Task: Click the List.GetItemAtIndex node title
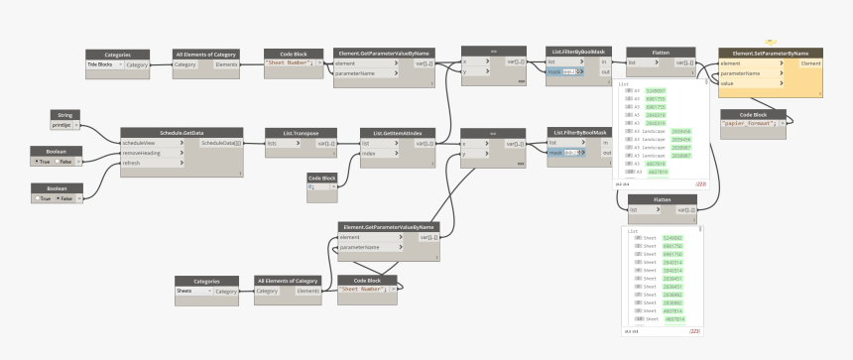pyautogui.click(x=397, y=131)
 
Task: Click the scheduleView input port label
pyautogui.click(x=145, y=142)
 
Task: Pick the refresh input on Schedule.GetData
pyautogui.click(x=138, y=162)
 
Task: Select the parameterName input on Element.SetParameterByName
pyautogui.click(x=742, y=72)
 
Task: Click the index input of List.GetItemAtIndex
pyautogui.click(x=370, y=153)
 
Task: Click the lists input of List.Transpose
pyautogui.click(x=274, y=143)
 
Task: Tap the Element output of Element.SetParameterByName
pyautogui.click(x=810, y=62)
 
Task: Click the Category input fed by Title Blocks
pyautogui.click(x=185, y=63)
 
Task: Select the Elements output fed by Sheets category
pyautogui.click(x=308, y=291)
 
